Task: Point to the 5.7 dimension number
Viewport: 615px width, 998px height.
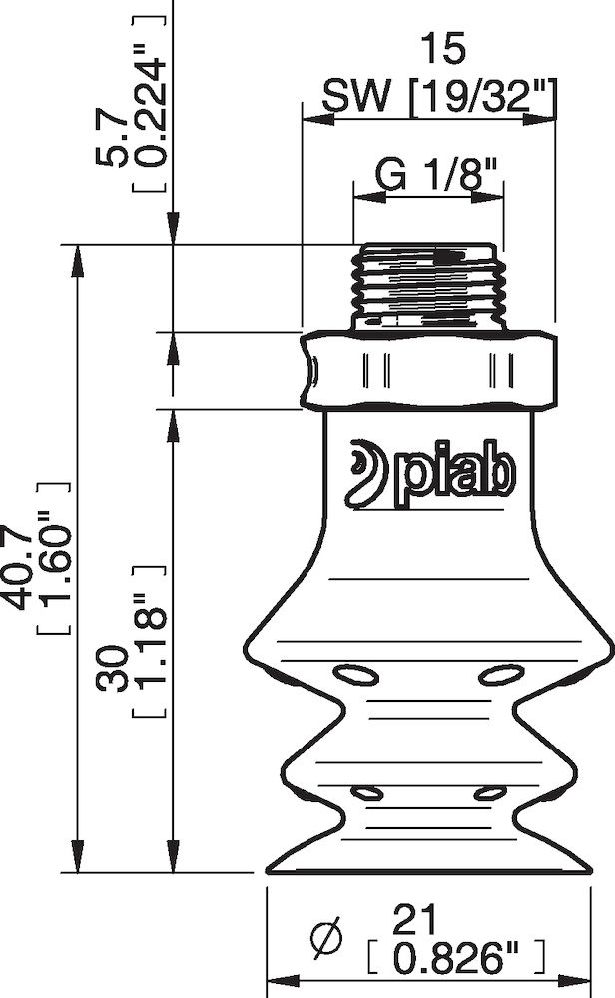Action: click(x=118, y=138)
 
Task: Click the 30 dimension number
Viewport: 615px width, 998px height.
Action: click(x=118, y=667)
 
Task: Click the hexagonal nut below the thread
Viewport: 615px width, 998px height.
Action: click(x=428, y=370)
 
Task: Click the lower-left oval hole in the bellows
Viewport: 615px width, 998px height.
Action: click(x=366, y=794)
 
